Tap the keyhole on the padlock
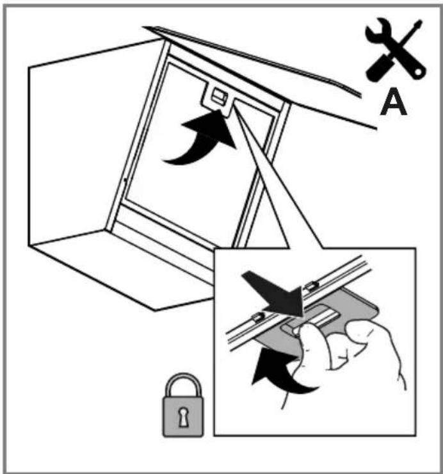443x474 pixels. [x=182, y=417]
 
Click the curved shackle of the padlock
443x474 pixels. [x=182, y=383]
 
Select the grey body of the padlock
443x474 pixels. [x=183, y=416]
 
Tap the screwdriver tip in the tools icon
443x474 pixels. [x=419, y=23]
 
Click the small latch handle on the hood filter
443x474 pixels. [x=220, y=97]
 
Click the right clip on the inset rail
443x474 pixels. [x=313, y=285]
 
